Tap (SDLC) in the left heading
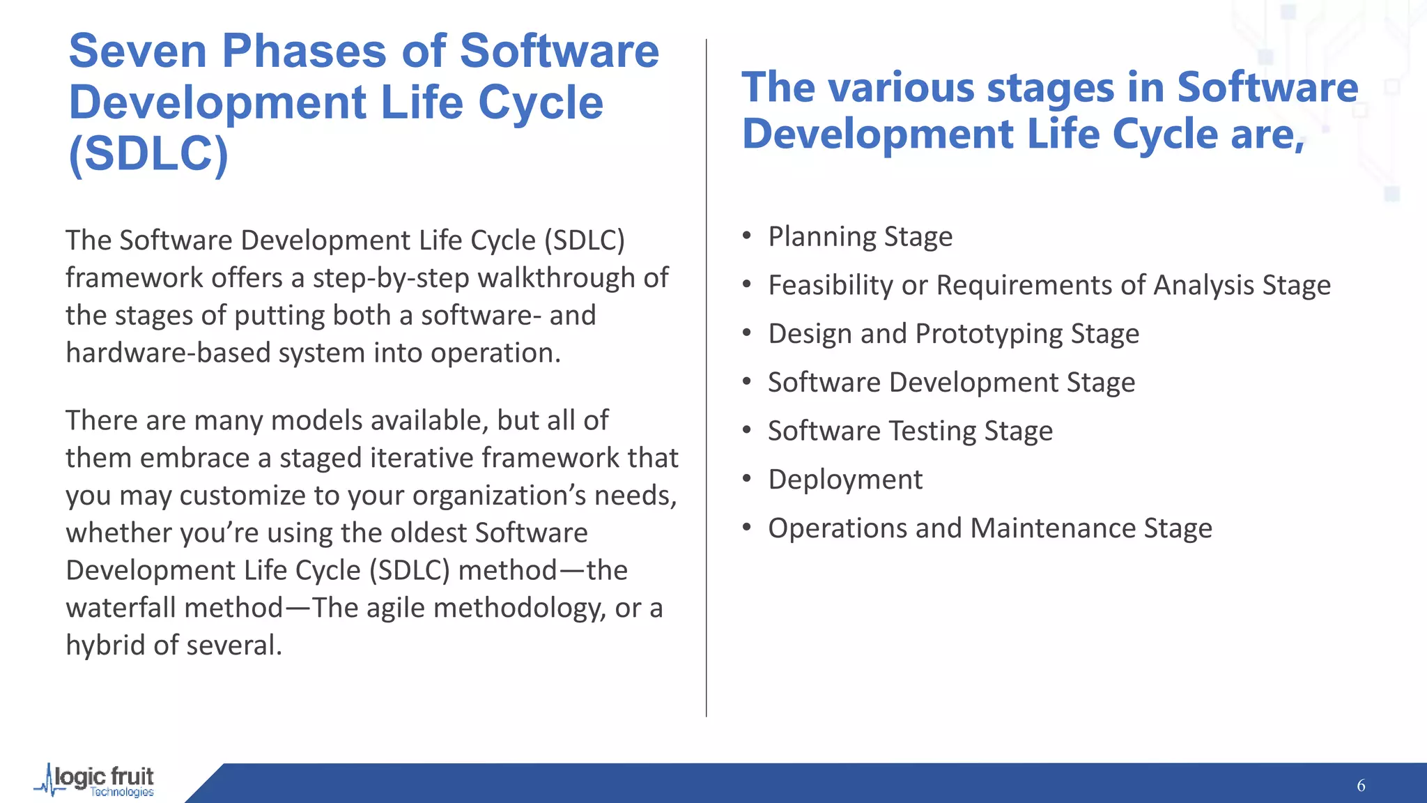click(x=148, y=153)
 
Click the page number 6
click(x=1360, y=786)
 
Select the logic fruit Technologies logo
click(x=96, y=781)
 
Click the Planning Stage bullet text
click(x=860, y=237)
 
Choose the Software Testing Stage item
click(x=910, y=431)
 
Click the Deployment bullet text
click(x=844, y=480)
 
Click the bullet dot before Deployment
click(x=747, y=479)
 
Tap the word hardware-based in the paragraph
click(x=167, y=353)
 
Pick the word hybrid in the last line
click(x=106, y=645)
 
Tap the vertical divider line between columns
click(x=706, y=376)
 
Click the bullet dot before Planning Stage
click(x=747, y=236)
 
